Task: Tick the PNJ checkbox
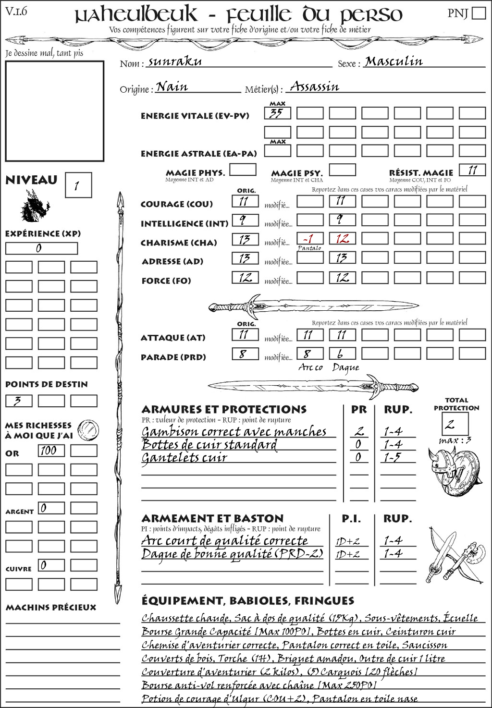[479, 13]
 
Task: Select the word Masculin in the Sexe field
[394, 61]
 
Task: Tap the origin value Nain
[172, 87]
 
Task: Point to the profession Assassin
[315, 87]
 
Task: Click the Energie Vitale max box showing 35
[277, 113]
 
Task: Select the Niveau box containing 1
[78, 185]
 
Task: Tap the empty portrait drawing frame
[54, 111]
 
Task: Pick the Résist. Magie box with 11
[472, 170]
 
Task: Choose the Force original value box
[245, 277]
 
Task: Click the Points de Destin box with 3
[19, 401]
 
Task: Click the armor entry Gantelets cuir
[184, 458]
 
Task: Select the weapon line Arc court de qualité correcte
[224, 541]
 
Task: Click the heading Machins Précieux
[51, 608]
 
